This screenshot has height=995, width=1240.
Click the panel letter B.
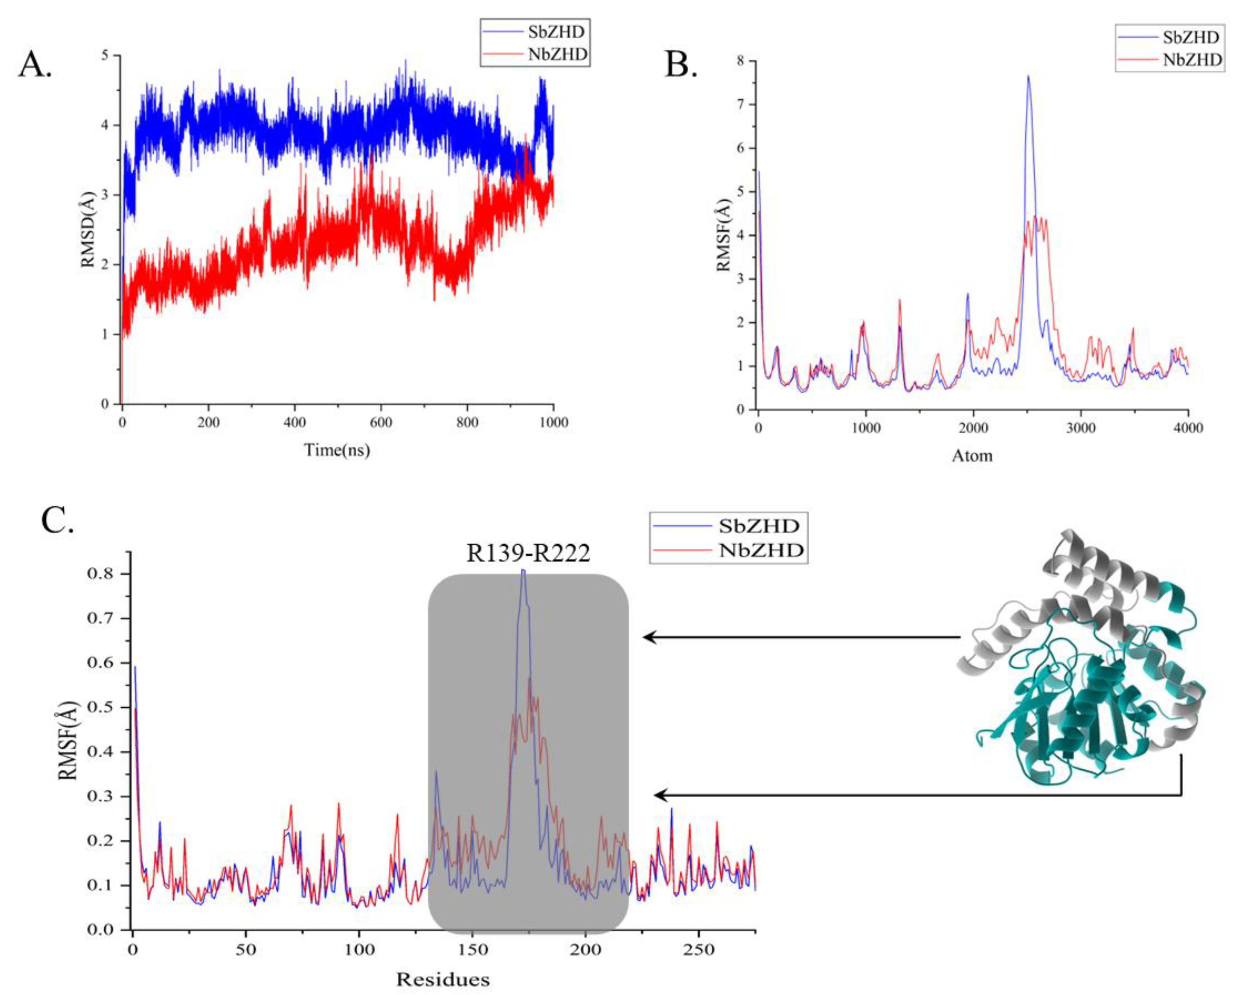click(x=681, y=63)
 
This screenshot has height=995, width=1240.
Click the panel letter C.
click(x=57, y=519)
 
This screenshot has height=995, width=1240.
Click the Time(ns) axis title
click(x=337, y=449)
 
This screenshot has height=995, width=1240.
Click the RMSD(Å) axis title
click(x=88, y=230)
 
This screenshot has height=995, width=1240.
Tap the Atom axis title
click(x=972, y=455)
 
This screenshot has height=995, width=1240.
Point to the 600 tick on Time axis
click(x=381, y=422)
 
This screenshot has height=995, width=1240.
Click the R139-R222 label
click(x=528, y=553)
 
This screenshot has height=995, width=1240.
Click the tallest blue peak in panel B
click(x=1028, y=77)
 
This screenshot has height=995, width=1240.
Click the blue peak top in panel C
click(x=523, y=570)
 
